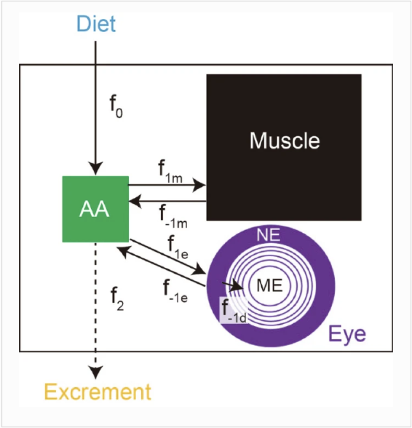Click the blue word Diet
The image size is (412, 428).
pos(95,23)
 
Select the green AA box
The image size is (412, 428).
pos(95,209)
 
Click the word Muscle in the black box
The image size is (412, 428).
pos(285,141)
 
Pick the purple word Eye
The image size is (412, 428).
pos(347,333)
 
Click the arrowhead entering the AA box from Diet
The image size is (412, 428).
pos(95,170)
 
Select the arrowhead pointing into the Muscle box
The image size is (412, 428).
pos(200,184)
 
